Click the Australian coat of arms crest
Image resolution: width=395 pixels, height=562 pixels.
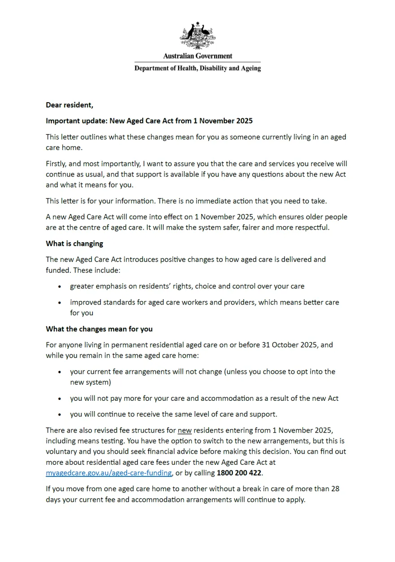197,35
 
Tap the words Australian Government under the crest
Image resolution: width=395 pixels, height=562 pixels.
197,56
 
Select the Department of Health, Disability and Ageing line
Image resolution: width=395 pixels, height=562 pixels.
197,69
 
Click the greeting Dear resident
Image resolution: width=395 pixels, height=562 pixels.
69,105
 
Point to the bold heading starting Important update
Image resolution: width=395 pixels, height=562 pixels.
149,121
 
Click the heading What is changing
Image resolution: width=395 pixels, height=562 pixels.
74,244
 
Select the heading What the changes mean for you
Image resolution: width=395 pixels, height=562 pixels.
99,329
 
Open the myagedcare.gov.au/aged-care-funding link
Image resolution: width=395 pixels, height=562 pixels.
109,473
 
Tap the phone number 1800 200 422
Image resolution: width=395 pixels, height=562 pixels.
239,473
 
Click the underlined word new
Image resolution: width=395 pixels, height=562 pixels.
185,430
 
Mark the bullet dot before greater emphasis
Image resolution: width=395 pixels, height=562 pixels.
60,287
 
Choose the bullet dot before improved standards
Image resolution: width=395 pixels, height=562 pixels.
60,303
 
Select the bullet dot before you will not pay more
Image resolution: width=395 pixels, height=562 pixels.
60,399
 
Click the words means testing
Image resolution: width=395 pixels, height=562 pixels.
98,441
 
